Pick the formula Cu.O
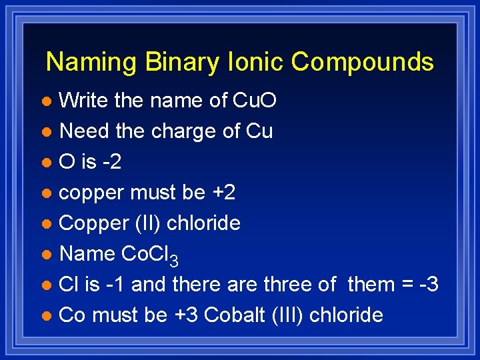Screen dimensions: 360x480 (254, 101)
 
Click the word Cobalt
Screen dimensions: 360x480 (235, 315)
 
